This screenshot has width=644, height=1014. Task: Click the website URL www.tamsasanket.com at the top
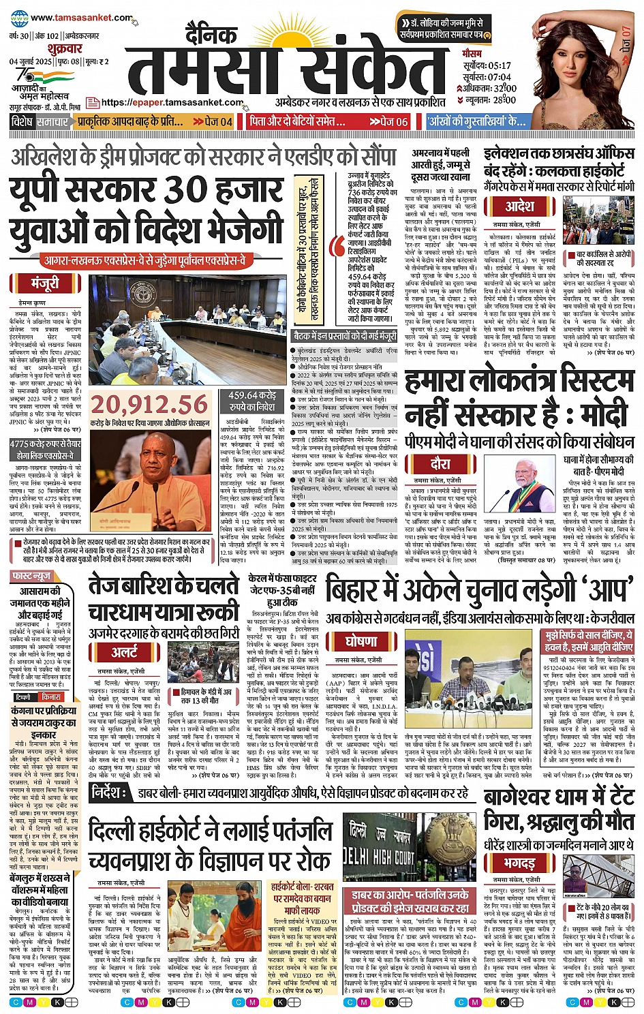[x=72, y=18]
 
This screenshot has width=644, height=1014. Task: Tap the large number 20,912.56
[x=149, y=405]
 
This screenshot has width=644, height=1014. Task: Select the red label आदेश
[x=519, y=205]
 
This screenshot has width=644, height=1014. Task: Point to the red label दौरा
[x=440, y=464]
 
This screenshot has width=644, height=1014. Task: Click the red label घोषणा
[x=361, y=641]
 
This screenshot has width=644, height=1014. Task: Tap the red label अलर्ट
[x=125, y=652]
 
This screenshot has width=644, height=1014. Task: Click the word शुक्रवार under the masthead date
[x=65, y=48]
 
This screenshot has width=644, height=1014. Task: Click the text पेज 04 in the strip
[x=218, y=121]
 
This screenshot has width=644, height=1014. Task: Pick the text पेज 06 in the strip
[x=394, y=121]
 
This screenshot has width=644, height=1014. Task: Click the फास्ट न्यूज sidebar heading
[x=32, y=577]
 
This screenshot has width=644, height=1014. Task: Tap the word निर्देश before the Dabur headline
[x=108, y=793]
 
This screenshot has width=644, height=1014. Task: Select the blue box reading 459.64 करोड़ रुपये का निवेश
[x=252, y=401]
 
